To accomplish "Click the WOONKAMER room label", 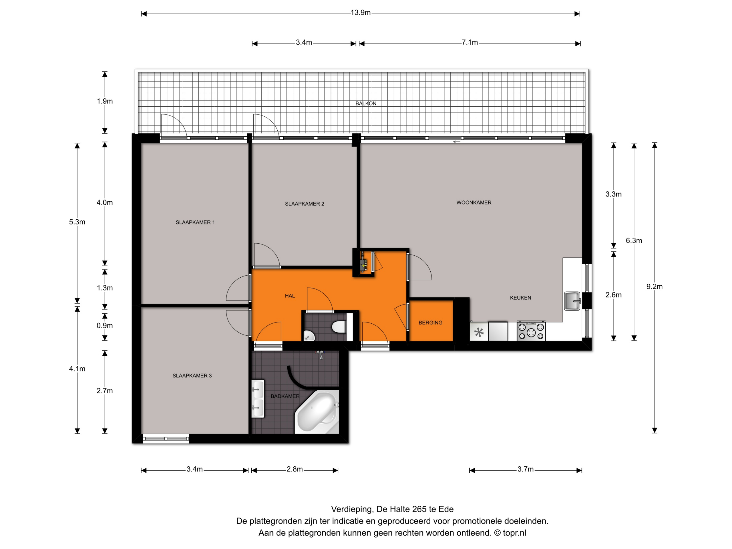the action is coord(474,202).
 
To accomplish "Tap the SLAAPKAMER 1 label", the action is coord(195,222).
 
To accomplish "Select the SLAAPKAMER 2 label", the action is coord(305,204).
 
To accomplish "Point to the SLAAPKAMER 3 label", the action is coord(192,376).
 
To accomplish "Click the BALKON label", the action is coord(366,104).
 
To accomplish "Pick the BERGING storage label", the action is coord(430,323).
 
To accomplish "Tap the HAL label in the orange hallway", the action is coord(290,296).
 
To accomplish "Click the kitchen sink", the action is coord(572,301).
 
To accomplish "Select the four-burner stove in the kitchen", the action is coord(531,331).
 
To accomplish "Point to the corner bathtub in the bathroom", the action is coord(317,412).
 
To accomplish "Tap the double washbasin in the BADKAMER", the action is coord(258,399).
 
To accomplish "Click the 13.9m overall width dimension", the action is coord(360,13).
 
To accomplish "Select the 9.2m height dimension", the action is coord(654,287).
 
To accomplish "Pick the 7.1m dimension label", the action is coord(470,43).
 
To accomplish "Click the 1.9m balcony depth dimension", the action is coord(105,101).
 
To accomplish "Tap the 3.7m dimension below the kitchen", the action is coord(526,469).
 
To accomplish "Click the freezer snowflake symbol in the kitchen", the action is coord(479,332).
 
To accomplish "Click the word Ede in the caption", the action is coord(446,509).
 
